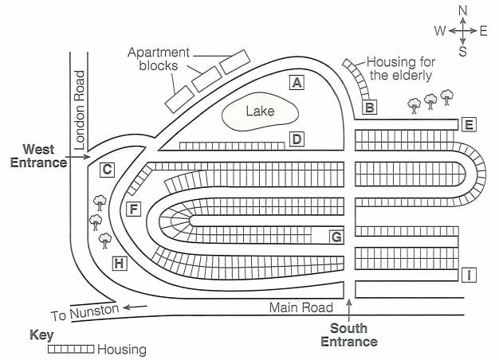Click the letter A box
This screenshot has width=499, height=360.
[x=297, y=82]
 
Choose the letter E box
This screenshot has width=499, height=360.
[x=469, y=124]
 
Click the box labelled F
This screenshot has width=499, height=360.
[x=133, y=209]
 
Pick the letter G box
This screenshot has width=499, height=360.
[x=336, y=237]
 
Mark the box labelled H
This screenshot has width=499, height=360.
[x=120, y=263]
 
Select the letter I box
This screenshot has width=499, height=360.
[x=470, y=276]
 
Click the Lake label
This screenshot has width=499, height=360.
[x=260, y=112]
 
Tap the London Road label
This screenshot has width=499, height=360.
[x=79, y=110]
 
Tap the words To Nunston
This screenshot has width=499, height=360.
[x=84, y=311]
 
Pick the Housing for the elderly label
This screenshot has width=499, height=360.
[x=399, y=68]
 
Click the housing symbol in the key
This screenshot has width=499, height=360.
[x=71, y=349]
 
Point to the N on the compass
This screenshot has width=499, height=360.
[x=462, y=10]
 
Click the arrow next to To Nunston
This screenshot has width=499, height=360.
[x=136, y=306]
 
